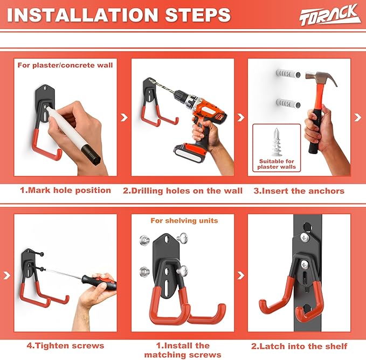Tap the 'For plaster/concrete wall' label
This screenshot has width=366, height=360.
click(65, 65)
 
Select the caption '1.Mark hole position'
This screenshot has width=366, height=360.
click(65, 190)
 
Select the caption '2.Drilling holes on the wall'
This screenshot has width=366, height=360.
click(183, 190)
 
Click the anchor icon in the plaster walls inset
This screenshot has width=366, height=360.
click(277, 142)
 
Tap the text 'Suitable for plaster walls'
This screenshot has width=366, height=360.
click(277, 164)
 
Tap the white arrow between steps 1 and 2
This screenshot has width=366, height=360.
click(125, 117)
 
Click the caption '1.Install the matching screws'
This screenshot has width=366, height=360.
click(183, 350)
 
